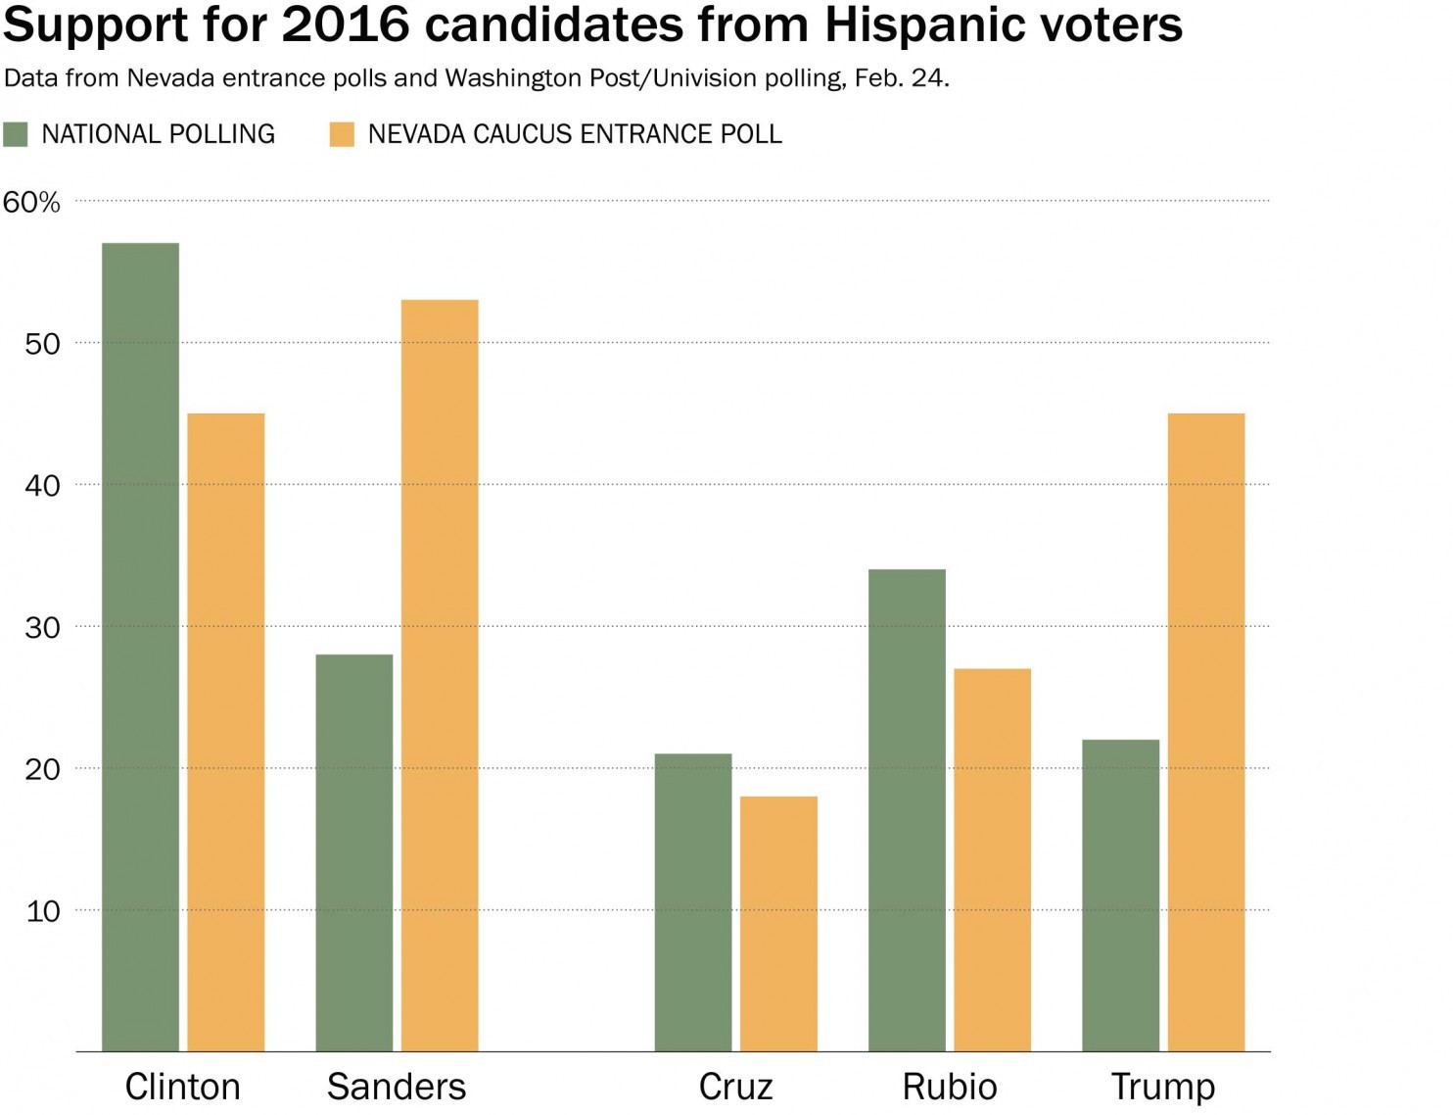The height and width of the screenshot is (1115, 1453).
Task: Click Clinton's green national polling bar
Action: [x=140, y=647]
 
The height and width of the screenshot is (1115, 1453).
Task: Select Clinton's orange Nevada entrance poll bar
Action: [x=226, y=732]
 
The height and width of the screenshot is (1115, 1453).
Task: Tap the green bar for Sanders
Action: [x=354, y=852]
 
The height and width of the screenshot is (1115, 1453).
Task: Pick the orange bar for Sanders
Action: [x=440, y=675]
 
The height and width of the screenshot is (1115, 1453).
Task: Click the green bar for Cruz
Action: [x=693, y=902]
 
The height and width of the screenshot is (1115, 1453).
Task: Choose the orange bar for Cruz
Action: [x=778, y=924]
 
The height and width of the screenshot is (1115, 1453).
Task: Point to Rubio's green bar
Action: [x=907, y=810]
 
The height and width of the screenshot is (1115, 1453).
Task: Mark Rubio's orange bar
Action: [x=992, y=859]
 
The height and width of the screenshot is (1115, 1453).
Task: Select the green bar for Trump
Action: [x=1120, y=896]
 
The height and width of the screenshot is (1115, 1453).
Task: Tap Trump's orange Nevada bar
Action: [x=1206, y=732]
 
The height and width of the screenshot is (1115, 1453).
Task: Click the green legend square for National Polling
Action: [x=16, y=134]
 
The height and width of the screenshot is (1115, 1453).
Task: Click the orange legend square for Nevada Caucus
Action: [x=342, y=134]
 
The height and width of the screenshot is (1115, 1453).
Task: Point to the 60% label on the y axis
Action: [x=31, y=202]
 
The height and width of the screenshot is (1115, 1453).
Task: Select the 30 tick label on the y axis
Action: [x=42, y=627]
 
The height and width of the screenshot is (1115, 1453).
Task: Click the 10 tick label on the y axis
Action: [x=42, y=911]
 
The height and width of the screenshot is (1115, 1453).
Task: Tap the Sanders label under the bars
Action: [x=397, y=1087]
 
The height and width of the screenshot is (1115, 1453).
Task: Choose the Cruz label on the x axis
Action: [x=735, y=1087]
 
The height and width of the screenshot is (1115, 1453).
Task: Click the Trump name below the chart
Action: [x=1163, y=1087]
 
